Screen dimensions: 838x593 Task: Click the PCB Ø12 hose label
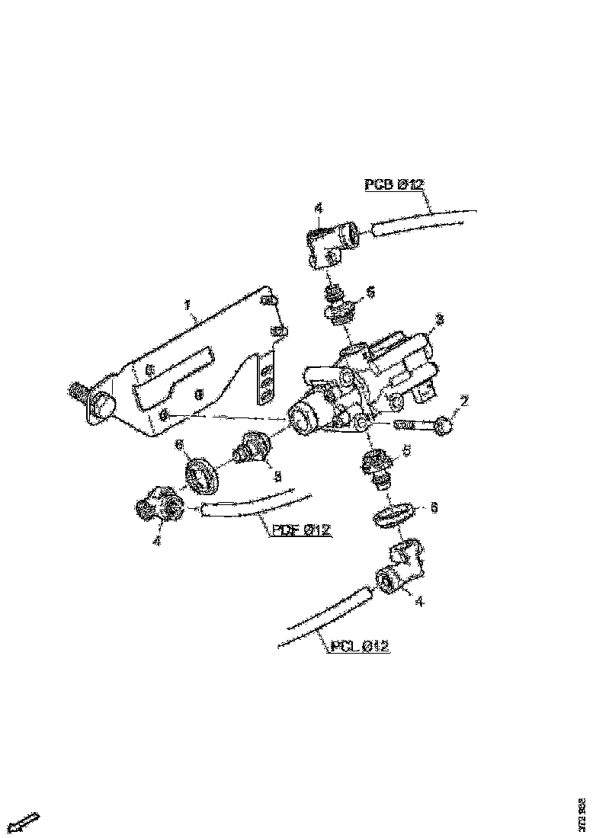click(393, 184)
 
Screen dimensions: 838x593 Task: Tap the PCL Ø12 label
click(360, 647)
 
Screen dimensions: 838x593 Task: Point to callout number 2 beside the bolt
click(464, 401)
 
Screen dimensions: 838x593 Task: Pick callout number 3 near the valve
click(438, 318)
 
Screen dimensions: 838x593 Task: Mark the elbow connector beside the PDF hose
click(158, 505)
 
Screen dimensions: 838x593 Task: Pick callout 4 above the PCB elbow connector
click(319, 208)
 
